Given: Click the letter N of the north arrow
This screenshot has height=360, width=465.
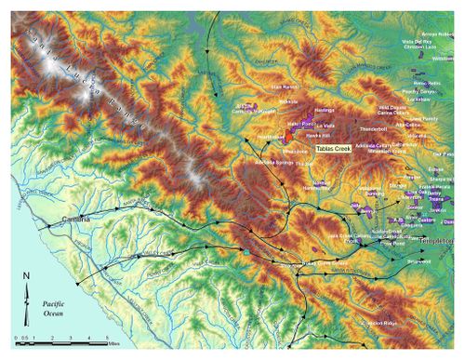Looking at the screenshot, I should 28,276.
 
